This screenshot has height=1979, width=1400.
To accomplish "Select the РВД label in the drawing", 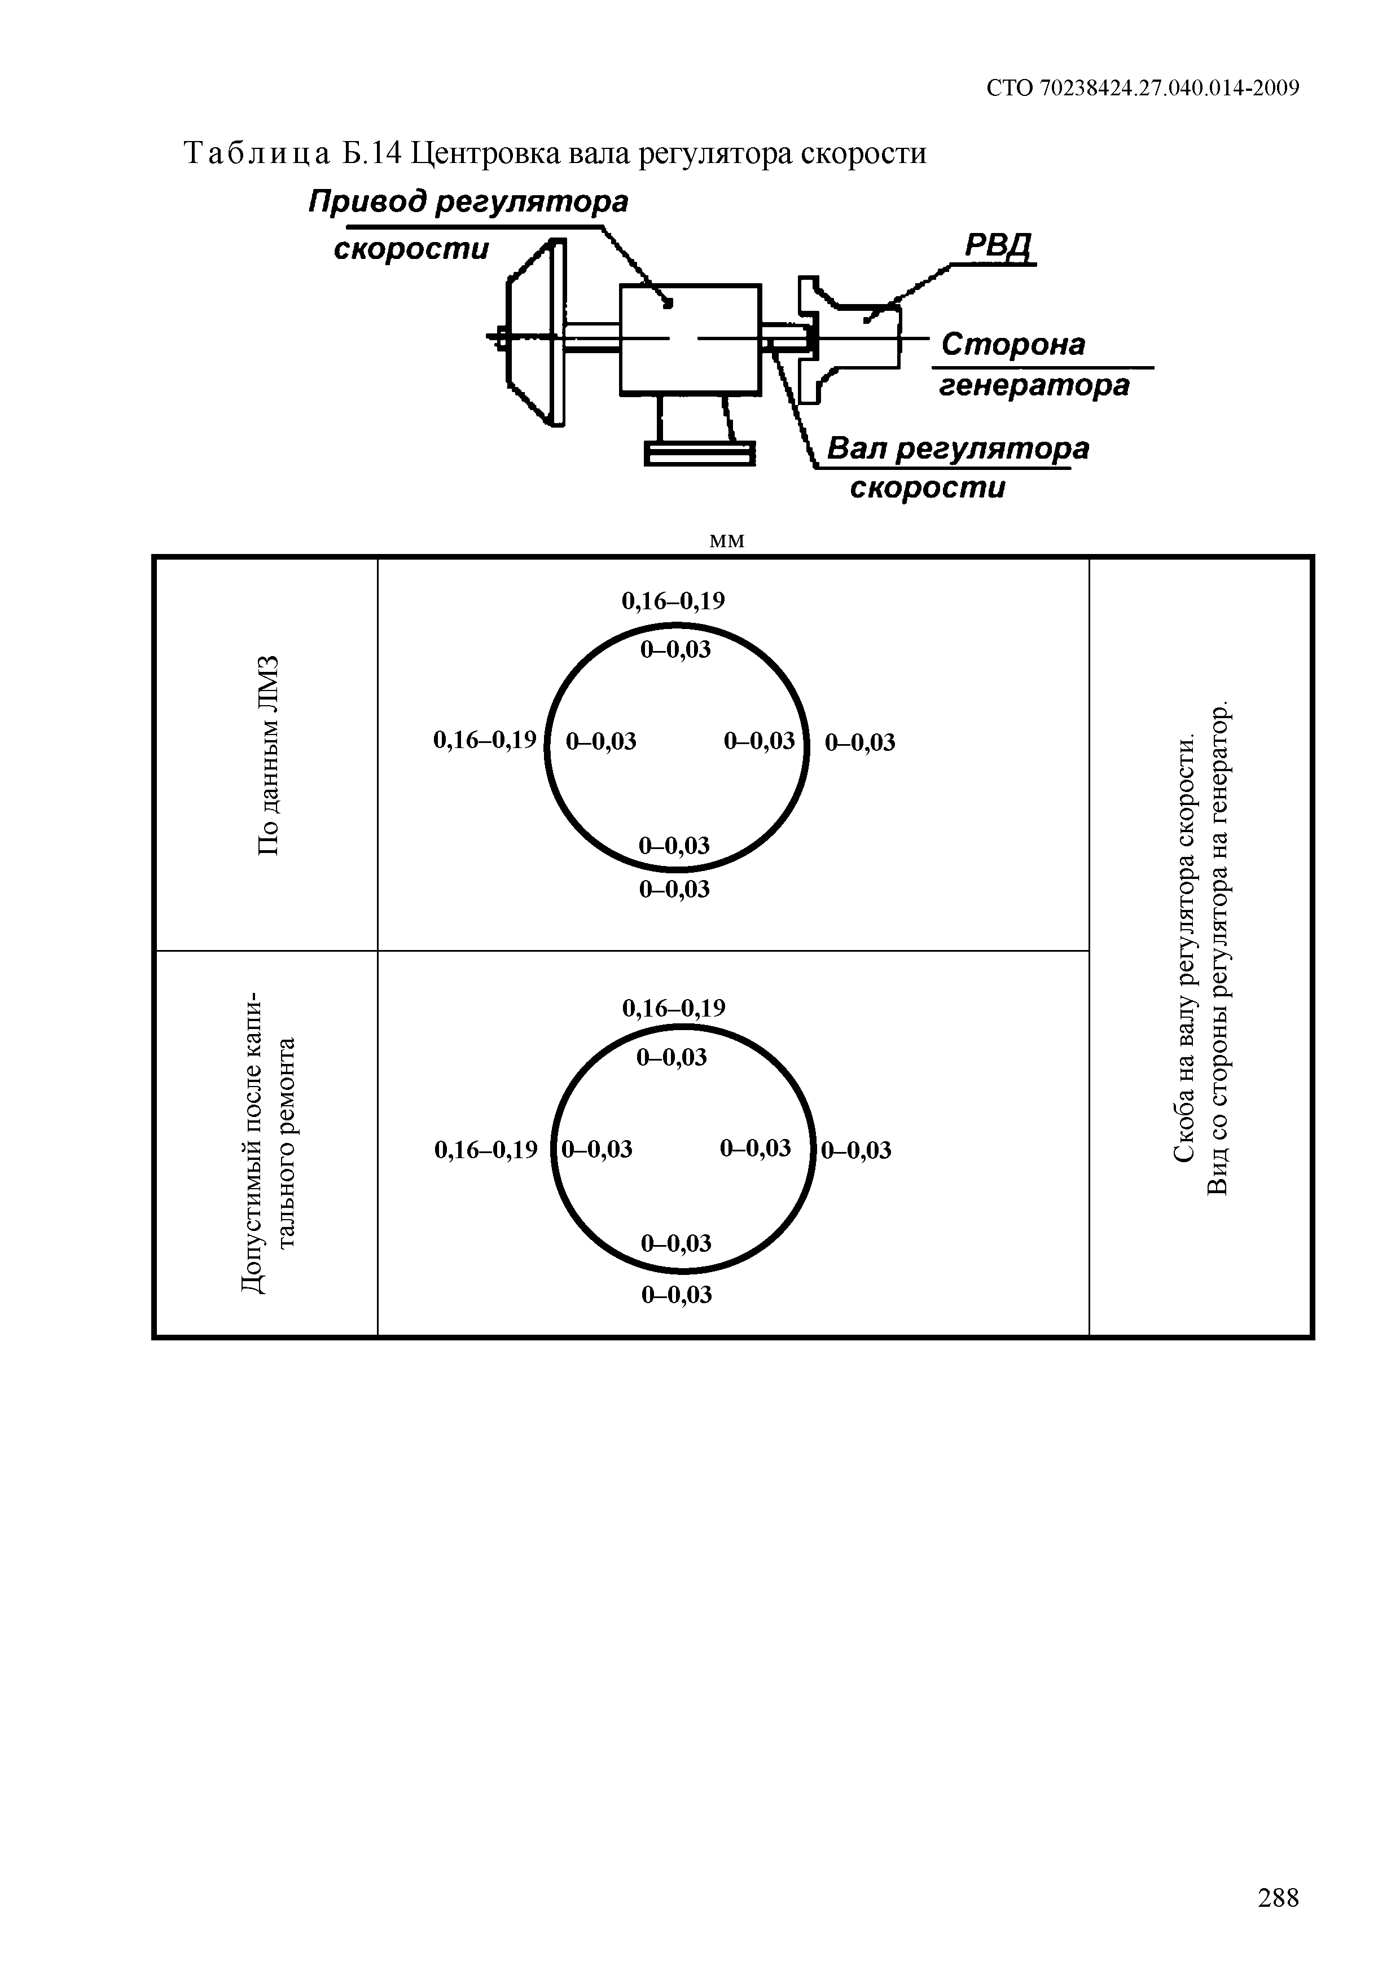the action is point(998,247).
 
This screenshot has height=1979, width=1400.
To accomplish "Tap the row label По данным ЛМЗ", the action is point(269,754).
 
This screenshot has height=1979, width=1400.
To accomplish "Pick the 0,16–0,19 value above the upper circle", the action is point(673,601).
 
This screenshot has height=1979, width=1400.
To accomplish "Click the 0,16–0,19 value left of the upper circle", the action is point(485,740).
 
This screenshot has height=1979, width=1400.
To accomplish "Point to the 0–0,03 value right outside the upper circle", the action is point(861,742).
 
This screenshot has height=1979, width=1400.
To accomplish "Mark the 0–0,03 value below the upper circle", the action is point(674,889).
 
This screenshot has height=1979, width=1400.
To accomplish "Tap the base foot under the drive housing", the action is point(700,454).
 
